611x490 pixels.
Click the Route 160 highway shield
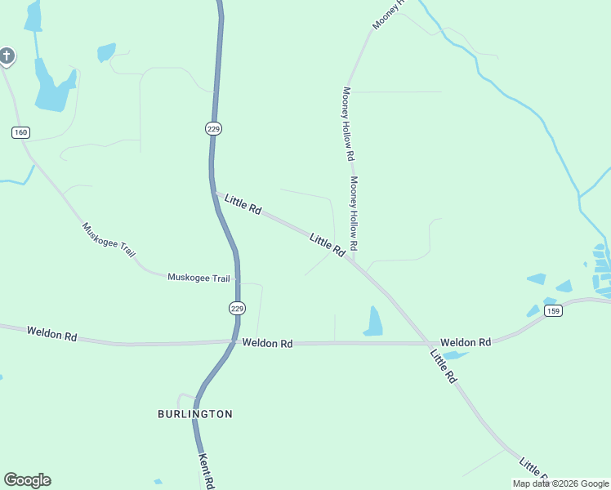click(21, 132)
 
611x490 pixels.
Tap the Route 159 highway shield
click(553, 311)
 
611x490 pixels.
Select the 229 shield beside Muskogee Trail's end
click(237, 308)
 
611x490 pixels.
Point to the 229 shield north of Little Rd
click(214, 128)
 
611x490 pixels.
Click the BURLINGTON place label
click(195, 414)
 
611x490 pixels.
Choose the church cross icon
click(7, 56)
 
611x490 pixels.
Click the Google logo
click(27, 480)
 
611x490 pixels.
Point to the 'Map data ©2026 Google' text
click(560, 483)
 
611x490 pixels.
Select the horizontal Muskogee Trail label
click(199, 278)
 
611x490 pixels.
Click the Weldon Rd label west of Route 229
click(51, 334)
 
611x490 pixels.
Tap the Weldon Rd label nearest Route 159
click(466, 342)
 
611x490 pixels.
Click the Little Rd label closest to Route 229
click(243, 204)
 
